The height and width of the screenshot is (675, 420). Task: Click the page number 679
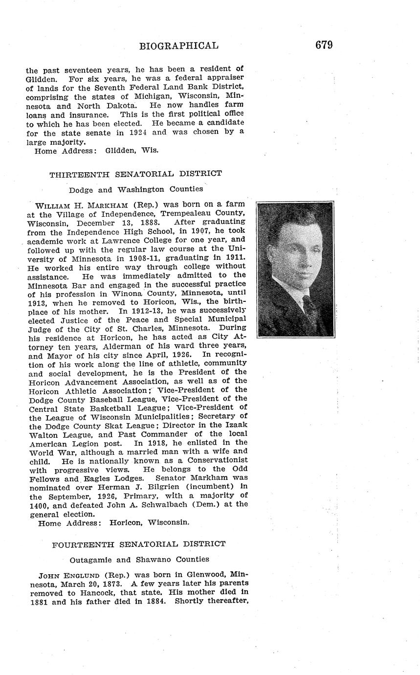click(x=324, y=45)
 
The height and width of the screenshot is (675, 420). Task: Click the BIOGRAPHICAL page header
click(x=178, y=46)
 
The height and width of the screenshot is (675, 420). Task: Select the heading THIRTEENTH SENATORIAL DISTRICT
click(x=135, y=174)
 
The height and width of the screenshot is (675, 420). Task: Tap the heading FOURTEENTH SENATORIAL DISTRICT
click(x=139, y=544)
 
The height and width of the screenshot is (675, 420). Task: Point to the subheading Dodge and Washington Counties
click(x=135, y=189)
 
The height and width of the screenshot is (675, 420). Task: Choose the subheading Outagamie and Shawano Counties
click(x=139, y=559)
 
